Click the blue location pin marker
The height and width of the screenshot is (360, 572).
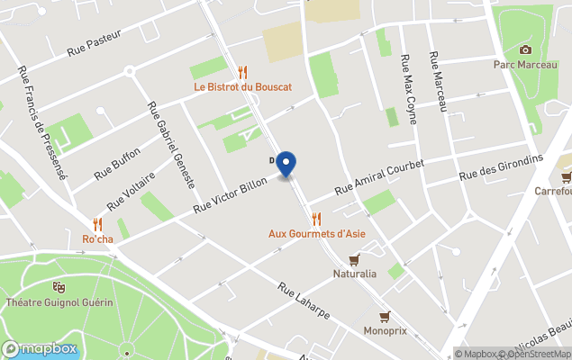click(286, 164)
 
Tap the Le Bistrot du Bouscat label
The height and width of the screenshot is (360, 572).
click(242, 87)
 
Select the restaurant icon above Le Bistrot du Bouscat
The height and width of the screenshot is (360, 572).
click(242, 73)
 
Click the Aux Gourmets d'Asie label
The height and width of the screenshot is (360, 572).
click(316, 233)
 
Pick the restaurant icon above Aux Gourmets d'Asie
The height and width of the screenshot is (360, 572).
click(316, 218)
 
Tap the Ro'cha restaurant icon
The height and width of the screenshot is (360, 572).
click(97, 223)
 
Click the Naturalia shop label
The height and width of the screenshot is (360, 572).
click(354, 274)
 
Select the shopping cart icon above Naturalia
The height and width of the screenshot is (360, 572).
click(354, 260)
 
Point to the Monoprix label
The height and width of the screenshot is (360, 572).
click(385, 330)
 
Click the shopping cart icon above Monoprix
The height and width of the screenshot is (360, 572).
click(385, 316)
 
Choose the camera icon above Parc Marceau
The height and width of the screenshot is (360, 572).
click(525, 49)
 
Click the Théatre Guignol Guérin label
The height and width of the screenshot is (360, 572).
click(59, 301)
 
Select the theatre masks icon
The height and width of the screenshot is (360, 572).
click(59, 287)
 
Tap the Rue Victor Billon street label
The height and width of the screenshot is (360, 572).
click(230, 193)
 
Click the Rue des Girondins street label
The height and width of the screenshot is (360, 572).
click(501, 167)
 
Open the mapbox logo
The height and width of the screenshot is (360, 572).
click(40, 348)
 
